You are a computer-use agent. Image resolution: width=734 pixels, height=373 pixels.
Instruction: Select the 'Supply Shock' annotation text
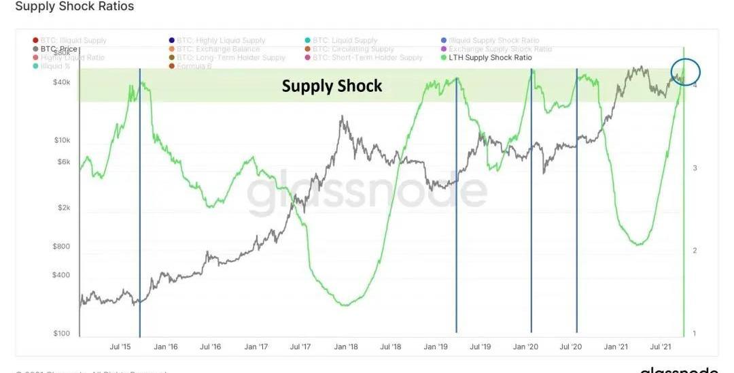332,86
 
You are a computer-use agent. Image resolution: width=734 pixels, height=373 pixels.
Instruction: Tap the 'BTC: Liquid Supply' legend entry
345,41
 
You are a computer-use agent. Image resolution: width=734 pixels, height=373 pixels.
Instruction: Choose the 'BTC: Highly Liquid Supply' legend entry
221,41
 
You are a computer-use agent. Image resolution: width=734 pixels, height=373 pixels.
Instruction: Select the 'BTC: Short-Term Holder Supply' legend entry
368,58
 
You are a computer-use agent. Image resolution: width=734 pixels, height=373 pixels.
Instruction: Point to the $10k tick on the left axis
62,140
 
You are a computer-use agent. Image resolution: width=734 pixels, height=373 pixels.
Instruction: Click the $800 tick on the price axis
62,246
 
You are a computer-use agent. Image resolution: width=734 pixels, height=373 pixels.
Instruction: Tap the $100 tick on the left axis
62,334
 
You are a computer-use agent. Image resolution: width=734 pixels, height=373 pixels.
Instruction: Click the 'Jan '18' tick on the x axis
345,347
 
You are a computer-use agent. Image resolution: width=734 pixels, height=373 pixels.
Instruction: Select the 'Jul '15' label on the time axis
120,347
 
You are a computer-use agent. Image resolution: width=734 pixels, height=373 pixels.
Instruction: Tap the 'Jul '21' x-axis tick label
661,347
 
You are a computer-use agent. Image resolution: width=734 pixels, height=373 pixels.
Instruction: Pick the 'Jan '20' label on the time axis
525,347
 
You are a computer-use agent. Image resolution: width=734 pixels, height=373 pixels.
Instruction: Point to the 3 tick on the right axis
695,168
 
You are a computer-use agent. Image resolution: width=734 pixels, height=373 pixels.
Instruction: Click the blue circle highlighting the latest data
685,71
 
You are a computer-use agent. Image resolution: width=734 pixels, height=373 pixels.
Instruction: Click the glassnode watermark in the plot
367,193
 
